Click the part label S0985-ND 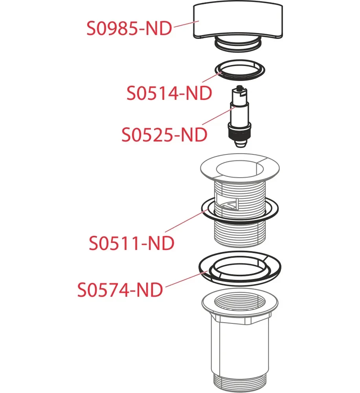(129, 29)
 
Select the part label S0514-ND (169, 94)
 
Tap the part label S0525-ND (164, 135)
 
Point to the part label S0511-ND (132, 243)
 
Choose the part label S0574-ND (120, 290)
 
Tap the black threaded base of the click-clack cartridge (239, 133)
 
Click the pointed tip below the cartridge (239, 144)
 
